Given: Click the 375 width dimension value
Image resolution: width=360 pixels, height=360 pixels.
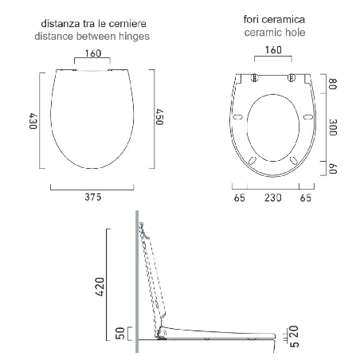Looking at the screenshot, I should coord(95,198).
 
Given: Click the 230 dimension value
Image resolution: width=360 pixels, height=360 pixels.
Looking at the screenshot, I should coord(274,198).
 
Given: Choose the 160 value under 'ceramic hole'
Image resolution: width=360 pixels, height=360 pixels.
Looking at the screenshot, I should coord(273,49).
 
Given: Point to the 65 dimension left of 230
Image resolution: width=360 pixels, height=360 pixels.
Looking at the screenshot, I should coord(239,198).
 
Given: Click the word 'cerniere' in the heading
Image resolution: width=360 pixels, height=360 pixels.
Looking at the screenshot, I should coord(127,24).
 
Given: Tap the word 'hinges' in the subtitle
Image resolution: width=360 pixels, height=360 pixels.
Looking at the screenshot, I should coord(133,36).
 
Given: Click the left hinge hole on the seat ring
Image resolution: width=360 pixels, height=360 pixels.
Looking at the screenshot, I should coord(254,78).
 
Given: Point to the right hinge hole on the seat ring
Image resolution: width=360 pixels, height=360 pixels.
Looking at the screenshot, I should coord(292,78).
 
